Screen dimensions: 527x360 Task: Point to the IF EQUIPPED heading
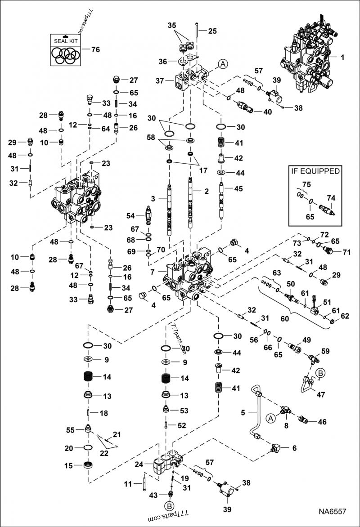[315, 171]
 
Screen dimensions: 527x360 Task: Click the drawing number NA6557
[333, 511]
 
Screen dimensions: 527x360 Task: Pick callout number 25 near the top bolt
[212, 31]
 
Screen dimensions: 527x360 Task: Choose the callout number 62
[345, 316]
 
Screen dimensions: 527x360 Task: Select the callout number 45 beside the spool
[238, 188]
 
